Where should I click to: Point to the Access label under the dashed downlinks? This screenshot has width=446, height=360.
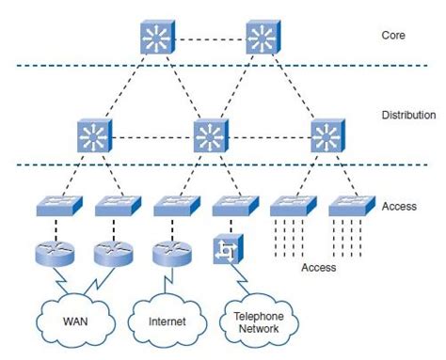[x=318, y=267]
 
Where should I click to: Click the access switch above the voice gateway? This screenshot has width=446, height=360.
[x=231, y=204]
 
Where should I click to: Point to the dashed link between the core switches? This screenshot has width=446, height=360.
[x=209, y=39]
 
